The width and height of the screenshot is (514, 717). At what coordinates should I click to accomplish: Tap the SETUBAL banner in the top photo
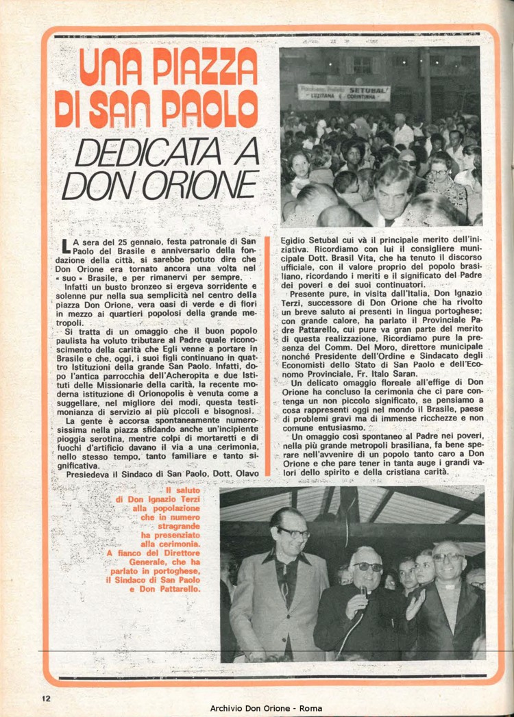344,92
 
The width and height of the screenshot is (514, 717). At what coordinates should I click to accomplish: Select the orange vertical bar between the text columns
268,355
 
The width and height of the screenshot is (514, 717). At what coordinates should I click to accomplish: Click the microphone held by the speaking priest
363,590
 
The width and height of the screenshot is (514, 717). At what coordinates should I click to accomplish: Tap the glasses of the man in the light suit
293,532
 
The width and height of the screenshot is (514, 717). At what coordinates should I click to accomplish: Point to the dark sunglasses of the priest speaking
368,567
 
